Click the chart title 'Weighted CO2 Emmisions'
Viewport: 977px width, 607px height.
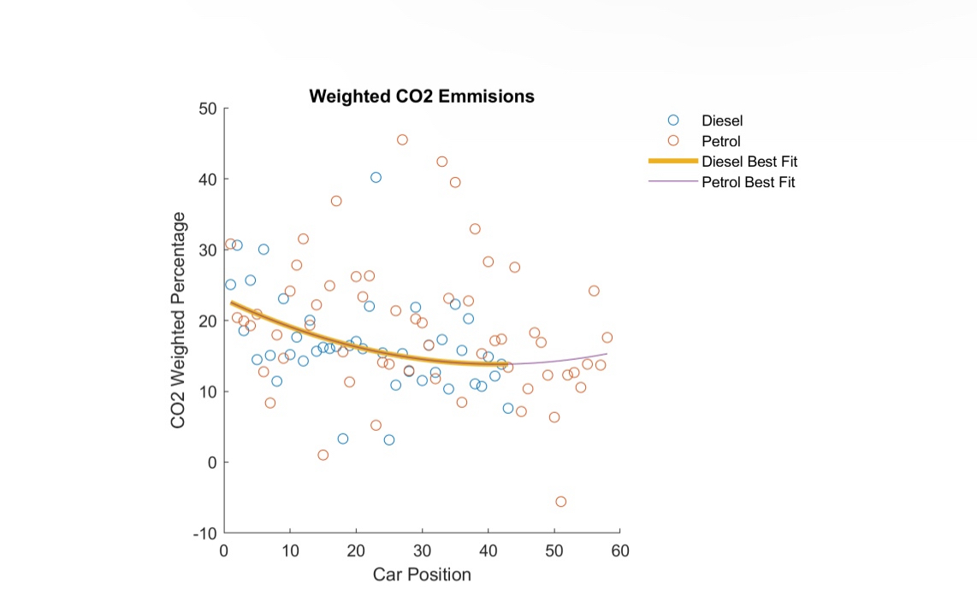[x=421, y=97]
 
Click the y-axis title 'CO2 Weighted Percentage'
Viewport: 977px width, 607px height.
[x=178, y=321]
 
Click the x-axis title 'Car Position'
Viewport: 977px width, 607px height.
[x=422, y=575]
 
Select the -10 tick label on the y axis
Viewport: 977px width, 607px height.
[x=204, y=533]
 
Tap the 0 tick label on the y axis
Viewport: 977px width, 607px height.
[x=212, y=463]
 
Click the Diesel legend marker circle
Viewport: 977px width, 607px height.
[x=673, y=121]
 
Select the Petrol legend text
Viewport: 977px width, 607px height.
[x=721, y=141]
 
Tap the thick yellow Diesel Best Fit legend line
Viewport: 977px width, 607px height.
[x=673, y=161]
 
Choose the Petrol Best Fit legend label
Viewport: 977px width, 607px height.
[x=749, y=182]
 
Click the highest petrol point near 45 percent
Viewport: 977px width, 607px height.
[x=402, y=139]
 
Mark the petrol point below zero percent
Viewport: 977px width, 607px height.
[x=561, y=502]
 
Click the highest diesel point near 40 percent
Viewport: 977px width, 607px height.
[x=376, y=177]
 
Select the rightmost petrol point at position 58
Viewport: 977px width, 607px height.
[x=607, y=337]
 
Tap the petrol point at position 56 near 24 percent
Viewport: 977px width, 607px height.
[x=594, y=291]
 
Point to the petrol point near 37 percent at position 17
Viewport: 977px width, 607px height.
[x=336, y=201]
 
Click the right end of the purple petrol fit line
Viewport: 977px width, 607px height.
[x=607, y=354]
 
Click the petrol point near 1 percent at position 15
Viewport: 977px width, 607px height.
[x=323, y=455]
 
